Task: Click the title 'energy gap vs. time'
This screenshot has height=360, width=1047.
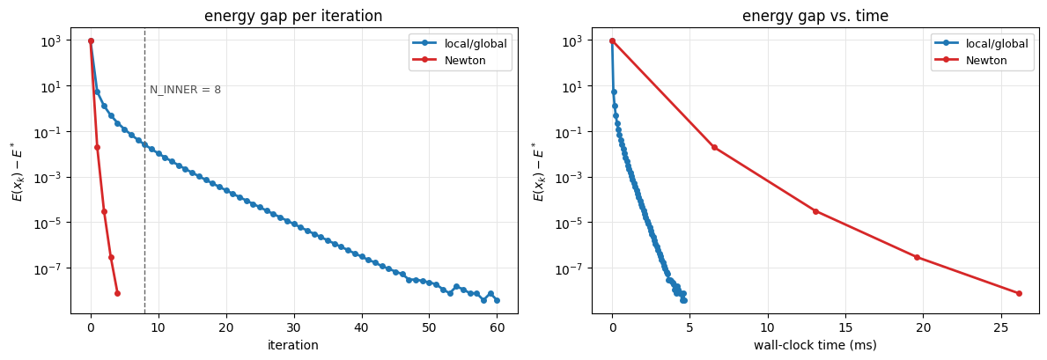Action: pos(815,17)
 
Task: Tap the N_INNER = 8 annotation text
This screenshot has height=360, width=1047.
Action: pos(185,90)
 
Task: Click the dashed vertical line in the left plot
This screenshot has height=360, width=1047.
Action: pos(145,170)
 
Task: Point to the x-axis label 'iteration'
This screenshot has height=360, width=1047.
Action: pos(294,345)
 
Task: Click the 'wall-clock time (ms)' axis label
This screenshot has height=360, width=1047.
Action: pos(815,345)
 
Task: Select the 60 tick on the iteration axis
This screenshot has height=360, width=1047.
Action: pos(497,328)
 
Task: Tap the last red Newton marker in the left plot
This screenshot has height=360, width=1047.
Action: pos(117,293)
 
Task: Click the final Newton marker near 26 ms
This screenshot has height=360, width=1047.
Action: pos(1019,293)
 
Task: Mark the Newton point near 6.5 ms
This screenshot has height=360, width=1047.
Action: pos(714,148)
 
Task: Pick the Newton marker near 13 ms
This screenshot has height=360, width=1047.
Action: pos(815,212)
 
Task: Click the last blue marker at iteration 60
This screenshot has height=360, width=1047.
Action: pos(497,300)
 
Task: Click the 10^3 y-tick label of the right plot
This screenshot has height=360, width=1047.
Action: pos(574,40)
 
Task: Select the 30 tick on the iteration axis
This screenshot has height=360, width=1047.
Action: pos(294,328)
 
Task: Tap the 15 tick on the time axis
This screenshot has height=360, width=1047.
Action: pos(845,328)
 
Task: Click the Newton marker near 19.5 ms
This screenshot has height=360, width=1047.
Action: pos(917,257)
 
